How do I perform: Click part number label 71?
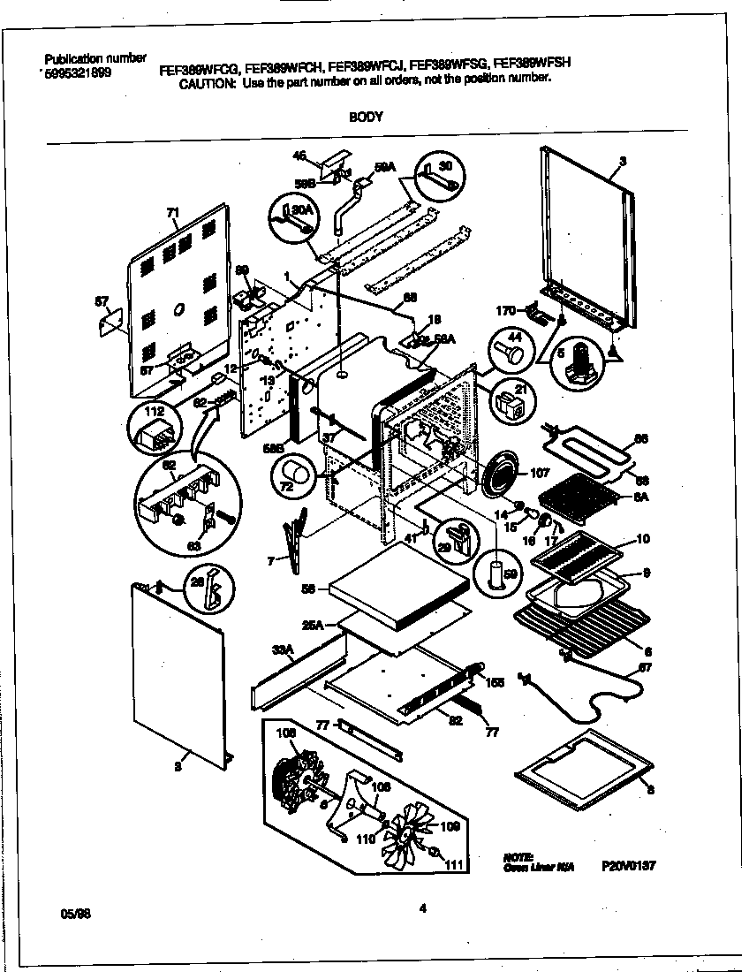point(172,213)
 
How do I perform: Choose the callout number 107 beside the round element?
point(538,473)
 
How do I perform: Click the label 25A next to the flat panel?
point(314,624)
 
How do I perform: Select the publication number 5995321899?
point(77,74)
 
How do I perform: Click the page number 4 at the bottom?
point(423,904)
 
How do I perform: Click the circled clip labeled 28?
point(206,594)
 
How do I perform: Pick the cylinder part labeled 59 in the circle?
point(494,573)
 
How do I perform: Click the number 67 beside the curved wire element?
point(646,666)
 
